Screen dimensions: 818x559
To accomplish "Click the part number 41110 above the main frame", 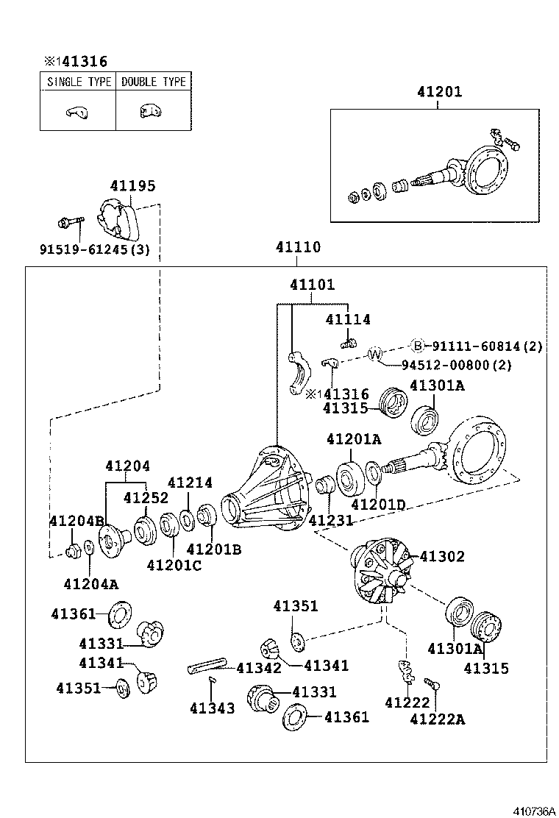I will (x=298, y=247).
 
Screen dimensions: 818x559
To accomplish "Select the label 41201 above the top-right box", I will (x=439, y=92).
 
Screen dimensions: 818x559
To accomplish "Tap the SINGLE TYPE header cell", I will (x=79, y=82).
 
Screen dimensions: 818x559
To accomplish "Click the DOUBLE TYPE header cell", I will (x=154, y=82).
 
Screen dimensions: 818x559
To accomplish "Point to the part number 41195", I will (x=133, y=186).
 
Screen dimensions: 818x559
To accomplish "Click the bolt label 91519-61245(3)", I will (x=94, y=249).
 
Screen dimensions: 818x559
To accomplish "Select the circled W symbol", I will (x=375, y=354).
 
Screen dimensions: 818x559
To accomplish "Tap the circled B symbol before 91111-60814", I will (x=417, y=346).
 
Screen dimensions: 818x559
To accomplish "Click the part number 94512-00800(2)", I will (x=457, y=365).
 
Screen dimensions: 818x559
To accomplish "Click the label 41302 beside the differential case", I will (x=442, y=557).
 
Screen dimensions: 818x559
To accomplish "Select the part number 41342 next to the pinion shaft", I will (x=258, y=668).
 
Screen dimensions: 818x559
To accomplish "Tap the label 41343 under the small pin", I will (x=212, y=708).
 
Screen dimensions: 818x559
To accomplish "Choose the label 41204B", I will (x=76, y=521).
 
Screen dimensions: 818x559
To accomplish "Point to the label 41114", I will (x=348, y=319).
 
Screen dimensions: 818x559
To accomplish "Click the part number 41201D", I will (x=378, y=505).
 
